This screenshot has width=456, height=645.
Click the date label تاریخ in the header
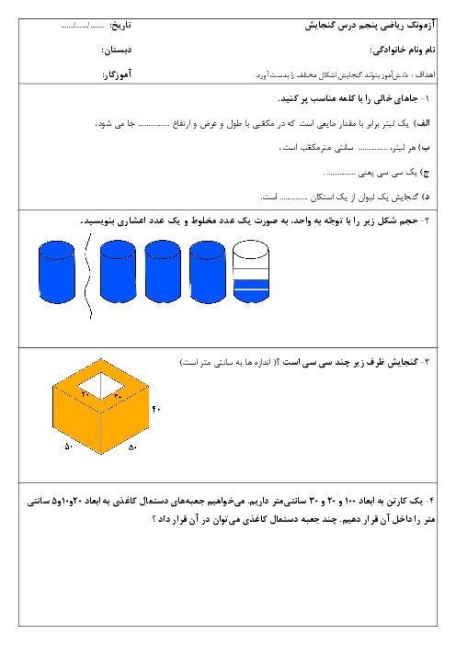pos(121,26)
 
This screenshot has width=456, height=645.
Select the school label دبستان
pos(118,51)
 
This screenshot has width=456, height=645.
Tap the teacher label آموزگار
pos(118,74)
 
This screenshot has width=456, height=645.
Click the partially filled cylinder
pos(251,272)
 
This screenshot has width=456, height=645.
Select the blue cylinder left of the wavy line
pos(57,272)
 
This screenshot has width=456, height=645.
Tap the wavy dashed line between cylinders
pos(87,276)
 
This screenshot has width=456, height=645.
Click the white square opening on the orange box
pos(101,386)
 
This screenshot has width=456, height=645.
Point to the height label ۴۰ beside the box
pos(156,409)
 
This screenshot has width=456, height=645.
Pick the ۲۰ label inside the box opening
pos(85,394)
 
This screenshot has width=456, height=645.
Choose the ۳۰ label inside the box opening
pos(118,395)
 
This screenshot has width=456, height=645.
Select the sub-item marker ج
pos(425,173)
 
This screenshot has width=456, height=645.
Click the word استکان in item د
pos(323,197)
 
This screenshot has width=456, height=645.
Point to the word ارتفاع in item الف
pos(181,123)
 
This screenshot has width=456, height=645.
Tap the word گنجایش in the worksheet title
pos(321,26)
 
